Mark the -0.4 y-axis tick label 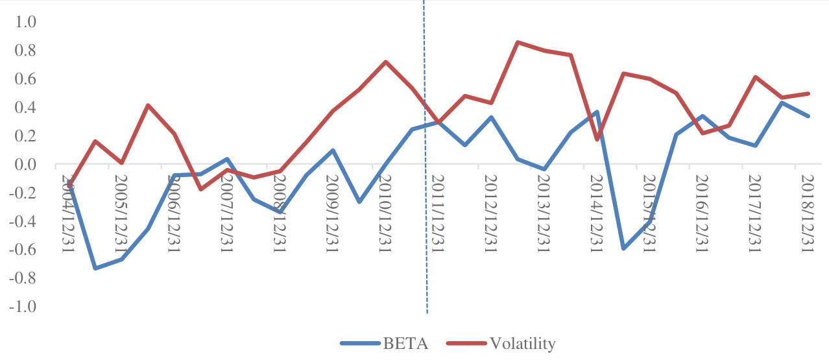tap(23, 222)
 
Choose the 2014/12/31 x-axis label tap(594, 211)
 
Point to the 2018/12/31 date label tap(806, 211)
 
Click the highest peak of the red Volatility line tap(518, 43)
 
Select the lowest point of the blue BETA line tap(95, 268)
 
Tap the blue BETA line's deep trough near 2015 tap(623, 248)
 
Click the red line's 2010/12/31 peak tap(386, 62)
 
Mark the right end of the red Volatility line tap(808, 93)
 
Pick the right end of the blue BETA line tap(808, 116)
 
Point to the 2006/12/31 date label tap(173, 211)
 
